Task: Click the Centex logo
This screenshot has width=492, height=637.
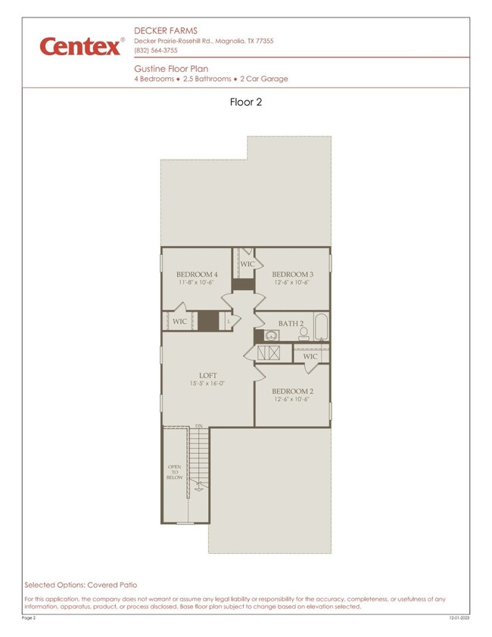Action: (x=81, y=46)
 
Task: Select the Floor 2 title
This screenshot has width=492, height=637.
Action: (x=245, y=102)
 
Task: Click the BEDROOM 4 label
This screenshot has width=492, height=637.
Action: (x=197, y=274)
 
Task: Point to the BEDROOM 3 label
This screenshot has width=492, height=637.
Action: (x=291, y=274)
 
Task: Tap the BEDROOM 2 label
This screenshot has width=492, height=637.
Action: (x=291, y=391)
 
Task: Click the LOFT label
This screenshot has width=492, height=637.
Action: (x=208, y=375)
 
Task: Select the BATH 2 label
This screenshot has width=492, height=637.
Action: (x=291, y=324)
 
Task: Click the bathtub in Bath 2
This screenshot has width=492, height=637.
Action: (x=321, y=327)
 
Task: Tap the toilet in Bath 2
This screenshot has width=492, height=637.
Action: (x=304, y=334)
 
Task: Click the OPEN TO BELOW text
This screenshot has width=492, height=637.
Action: (x=174, y=472)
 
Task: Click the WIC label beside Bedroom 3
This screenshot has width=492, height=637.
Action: (x=248, y=264)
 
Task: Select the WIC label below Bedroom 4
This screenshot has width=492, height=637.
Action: (x=180, y=322)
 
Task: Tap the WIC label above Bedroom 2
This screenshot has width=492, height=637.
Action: (x=310, y=356)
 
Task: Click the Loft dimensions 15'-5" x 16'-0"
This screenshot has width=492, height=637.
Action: (x=207, y=384)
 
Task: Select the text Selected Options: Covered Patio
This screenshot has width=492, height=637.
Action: (x=81, y=585)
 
